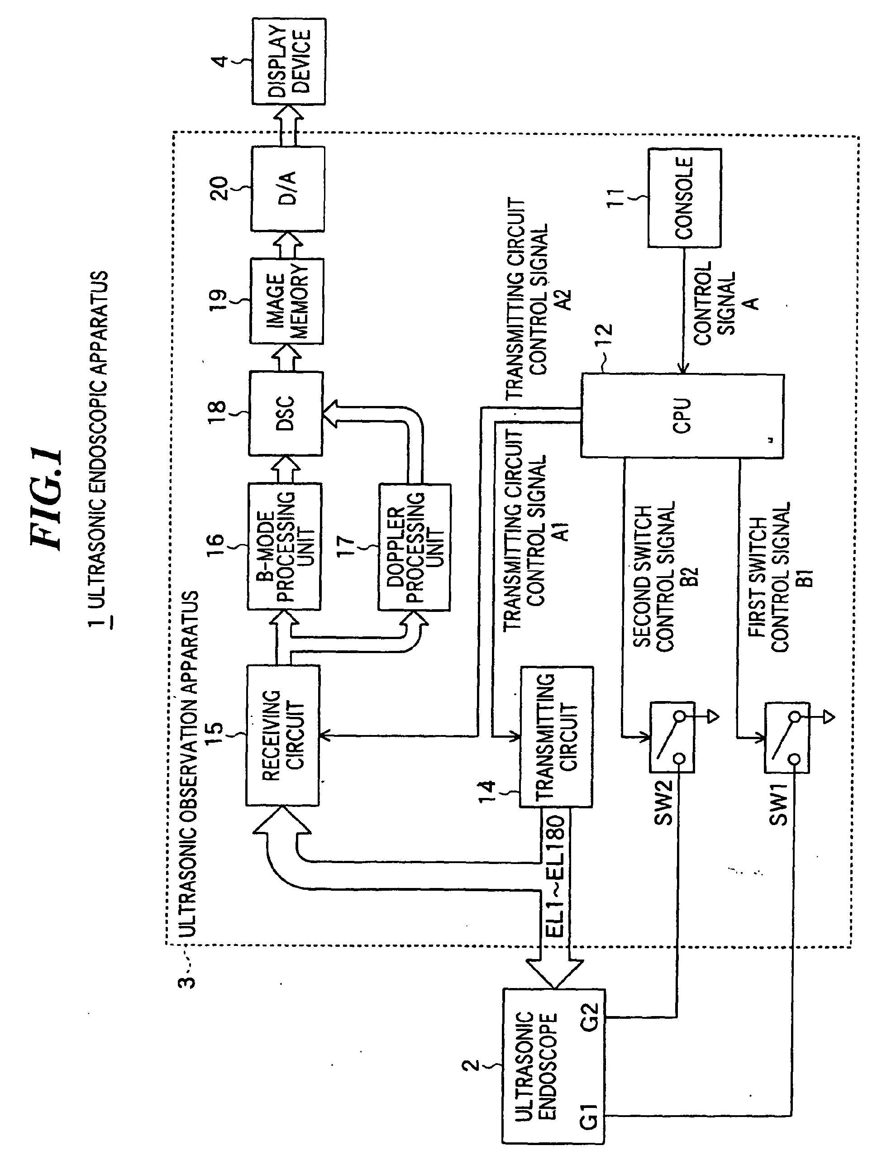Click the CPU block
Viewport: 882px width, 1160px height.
tap(682, 415)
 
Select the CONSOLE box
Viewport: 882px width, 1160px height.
tap(685, 198)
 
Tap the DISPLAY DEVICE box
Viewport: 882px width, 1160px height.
tap(289, 62)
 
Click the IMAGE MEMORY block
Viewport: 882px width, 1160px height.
tap(286, 301)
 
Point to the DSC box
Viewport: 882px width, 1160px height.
tap(286, 413)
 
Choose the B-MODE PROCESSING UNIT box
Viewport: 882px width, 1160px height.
tap(285, 547)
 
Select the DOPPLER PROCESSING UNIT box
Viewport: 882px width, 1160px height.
tap(414, 547)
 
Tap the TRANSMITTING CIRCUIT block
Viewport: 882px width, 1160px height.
tap(557, 737)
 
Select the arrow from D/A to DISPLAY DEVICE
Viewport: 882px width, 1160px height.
tap(288, 125)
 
